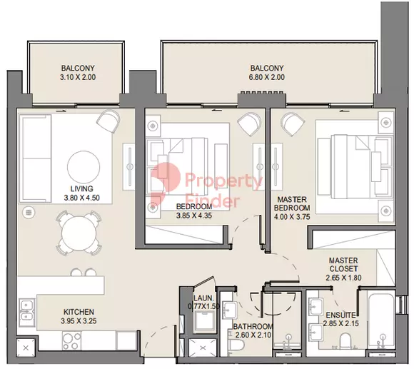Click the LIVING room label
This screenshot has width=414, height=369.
tap(82, 188)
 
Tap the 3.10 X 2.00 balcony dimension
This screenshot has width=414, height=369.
tap(78, 77)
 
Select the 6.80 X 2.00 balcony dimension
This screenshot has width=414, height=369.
tap(267, 77)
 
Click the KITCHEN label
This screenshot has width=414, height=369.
tap(79, 312)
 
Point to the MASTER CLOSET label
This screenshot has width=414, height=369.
tap(343, 265)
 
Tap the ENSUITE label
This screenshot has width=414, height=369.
tap(340, 315)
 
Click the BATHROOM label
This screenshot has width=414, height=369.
tap(253, 327)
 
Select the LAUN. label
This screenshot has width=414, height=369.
tap(203, 298)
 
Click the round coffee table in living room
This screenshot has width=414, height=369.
tap(84, 167)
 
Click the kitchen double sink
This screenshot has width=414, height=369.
tap(26, 313)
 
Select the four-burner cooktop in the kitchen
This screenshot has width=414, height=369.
tap(72, 340)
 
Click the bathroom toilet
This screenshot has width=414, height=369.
tap(236, 345)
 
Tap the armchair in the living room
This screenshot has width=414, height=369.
tap(108, 121)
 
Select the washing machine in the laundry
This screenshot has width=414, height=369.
tap(204, 321)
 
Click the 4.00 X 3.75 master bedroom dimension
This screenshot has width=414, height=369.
tap(292, 217)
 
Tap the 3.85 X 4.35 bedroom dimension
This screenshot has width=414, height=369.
tap(194, 216)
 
